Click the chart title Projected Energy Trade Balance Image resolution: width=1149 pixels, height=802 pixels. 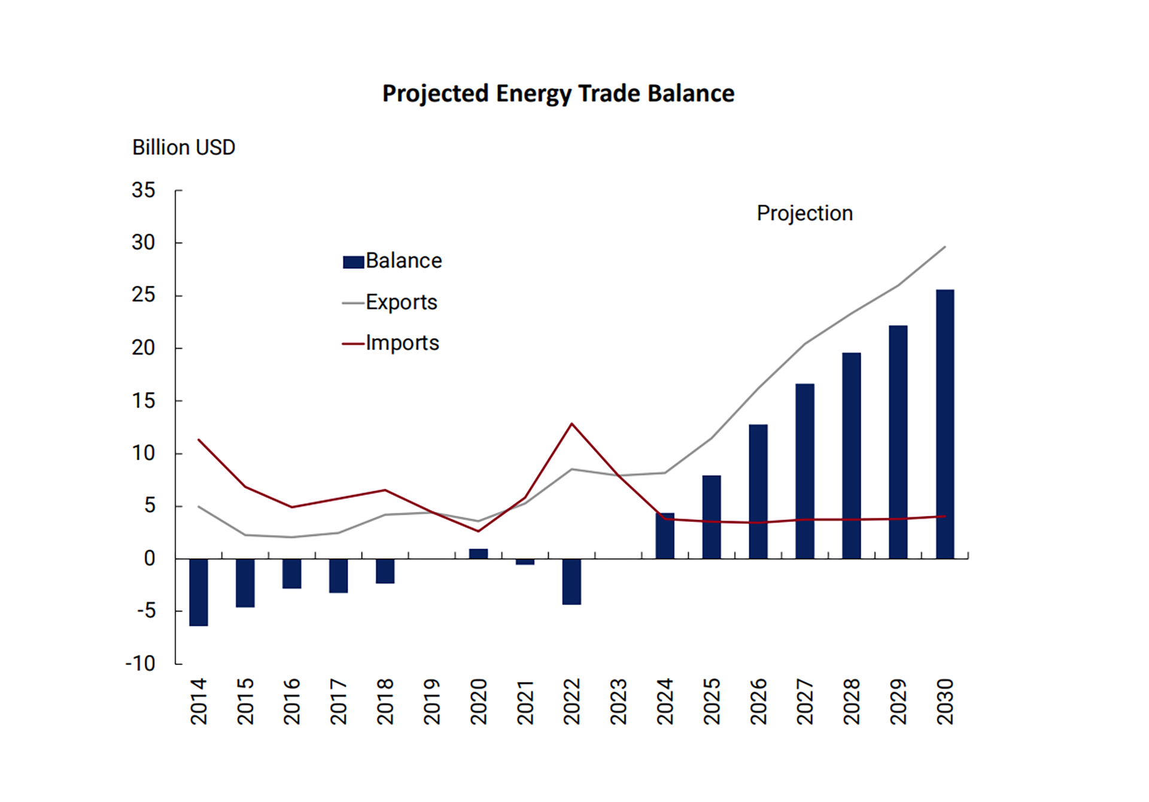[558, 94]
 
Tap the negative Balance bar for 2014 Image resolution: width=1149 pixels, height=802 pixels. [199, 592]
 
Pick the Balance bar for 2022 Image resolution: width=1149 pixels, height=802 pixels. [572, 581]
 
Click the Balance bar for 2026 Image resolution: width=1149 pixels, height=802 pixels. [758, 491]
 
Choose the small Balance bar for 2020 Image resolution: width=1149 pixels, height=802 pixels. [478, 554]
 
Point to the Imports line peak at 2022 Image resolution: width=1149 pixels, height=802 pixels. [572, 424]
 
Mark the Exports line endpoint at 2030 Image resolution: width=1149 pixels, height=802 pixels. [944, 247]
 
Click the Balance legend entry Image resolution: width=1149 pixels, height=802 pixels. [393, 261]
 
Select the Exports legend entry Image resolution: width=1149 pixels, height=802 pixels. [390, 302]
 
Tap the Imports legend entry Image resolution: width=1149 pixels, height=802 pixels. [391, 343]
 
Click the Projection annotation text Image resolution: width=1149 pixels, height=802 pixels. [804, 213]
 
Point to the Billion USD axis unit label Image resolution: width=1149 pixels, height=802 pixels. [184, 147]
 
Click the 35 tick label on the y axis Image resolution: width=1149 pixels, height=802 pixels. [144, 190]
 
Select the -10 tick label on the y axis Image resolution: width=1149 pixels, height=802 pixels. [141, 663]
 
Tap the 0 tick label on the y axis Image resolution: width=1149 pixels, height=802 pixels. [150, 558]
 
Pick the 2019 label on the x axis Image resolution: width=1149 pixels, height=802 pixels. [431, 701]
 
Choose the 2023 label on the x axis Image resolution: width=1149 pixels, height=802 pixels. [618, 701]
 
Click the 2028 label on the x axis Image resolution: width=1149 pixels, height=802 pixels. [852, 701]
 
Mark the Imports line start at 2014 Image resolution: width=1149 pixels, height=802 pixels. [199, 440]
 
